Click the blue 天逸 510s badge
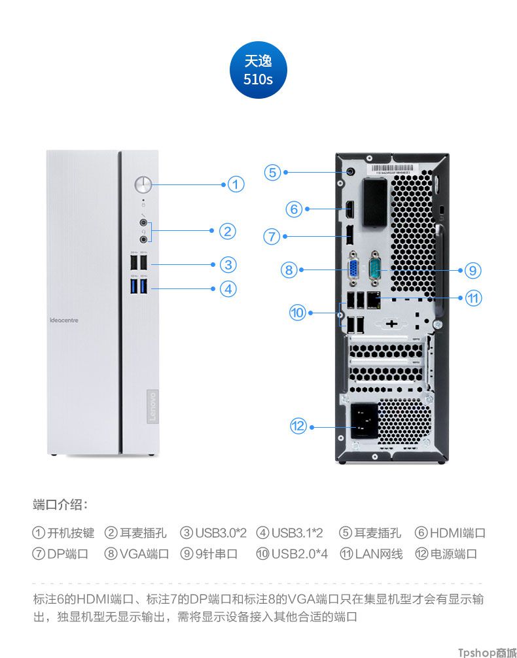coord(258,71)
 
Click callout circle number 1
coord(236,184)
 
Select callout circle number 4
coord(227,288)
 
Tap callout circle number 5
coord(273,172)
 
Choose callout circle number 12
coord(298,426)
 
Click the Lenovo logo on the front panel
coord(150,406)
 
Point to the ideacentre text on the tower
coord(64,320)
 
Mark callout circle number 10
coord(298,313)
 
